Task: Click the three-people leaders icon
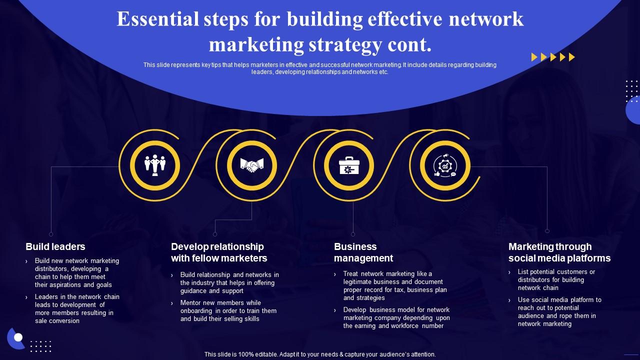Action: [x=155, y=164]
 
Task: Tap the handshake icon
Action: [x=251, y=164]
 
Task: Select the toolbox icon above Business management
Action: [x=348, y=165]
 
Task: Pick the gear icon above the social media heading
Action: [x=444, y=165]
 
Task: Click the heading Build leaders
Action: [x=55, y=246]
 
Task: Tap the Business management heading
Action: [x=363, y=252]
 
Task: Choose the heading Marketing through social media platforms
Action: [x=559, y=252]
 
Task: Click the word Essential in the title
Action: [x=151, y=19]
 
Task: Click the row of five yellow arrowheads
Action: [x=553, y=57]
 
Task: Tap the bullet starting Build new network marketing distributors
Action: [x=76, y=272]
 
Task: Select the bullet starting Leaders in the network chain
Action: [x=76, y=308]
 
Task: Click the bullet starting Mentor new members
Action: [x=228, y=310]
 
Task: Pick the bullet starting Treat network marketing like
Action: [x=394, y=285]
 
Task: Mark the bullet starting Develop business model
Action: [x=396, y=317]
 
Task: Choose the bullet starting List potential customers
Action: [x=556, y=279]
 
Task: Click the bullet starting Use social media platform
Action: [x=559, y=311]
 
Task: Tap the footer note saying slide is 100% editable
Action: [x=320, y=354]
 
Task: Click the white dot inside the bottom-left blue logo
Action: [x=18, y=337]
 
